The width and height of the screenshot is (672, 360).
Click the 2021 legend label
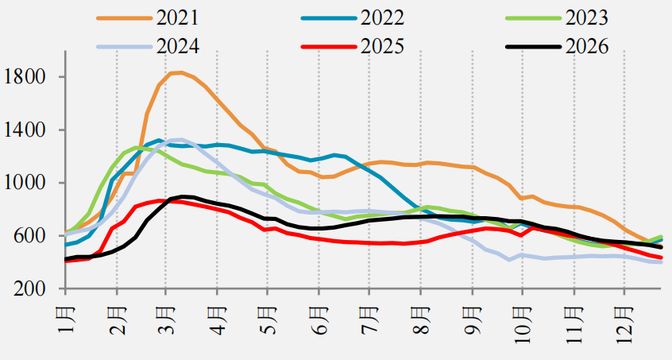(x=177, y=17)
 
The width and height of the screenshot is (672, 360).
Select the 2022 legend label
(x=382, y=17)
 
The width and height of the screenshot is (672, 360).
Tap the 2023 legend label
(x=587, y=17)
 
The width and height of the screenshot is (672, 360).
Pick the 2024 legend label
(x=177, y=46)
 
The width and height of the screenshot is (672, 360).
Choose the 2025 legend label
(x=382, y=46)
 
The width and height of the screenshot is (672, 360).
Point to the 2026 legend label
(x=587, y=46)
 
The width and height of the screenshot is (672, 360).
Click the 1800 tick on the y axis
(x=24, y=77)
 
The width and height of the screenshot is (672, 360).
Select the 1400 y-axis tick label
(x=24, y=130)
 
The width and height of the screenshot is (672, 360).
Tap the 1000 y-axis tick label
(x=24, y=183)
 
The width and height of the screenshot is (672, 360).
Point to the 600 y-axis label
(x=29, y=236)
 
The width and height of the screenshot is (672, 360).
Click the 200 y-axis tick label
(x=29, y=289)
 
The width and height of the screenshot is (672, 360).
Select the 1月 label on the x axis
(x=66, y=319)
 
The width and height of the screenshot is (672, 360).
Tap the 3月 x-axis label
(x=167, y=319)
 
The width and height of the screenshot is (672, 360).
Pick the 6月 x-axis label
(x=319, y=319)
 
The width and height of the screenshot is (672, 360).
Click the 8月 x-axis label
(x=421, y=319)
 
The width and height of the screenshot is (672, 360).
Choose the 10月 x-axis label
(x=523, y=324)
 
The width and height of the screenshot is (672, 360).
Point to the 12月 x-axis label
(x=624, y=324)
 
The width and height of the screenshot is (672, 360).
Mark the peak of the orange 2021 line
(x=181, y=72)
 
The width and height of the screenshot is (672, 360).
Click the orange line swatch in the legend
(x=125, y=18)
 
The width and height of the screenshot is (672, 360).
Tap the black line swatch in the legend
(x=534, y=46)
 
